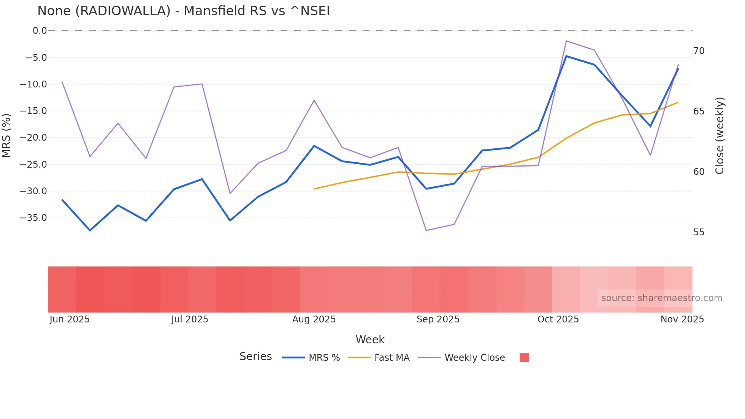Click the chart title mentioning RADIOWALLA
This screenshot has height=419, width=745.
[183, 11]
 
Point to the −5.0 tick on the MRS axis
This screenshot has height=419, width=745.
[36, 58]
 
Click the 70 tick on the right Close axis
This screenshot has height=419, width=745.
[699, 51]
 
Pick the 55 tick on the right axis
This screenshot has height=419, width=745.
[699, 232]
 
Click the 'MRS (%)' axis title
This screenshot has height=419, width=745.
[6, 135]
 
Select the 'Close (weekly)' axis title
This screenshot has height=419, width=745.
[720, 136]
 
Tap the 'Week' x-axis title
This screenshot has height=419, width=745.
[370, 340]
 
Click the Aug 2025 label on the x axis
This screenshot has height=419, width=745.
[314, 319]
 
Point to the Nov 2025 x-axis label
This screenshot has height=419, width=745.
[682, 319]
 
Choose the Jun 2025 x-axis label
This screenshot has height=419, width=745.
[70, 319]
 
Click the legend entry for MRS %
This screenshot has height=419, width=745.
[324, 358]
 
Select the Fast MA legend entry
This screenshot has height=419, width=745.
[392, 358]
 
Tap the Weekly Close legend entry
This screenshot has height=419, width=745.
[474, 358]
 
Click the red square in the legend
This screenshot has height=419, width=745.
[524, 357]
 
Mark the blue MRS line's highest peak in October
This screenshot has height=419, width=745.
[566, 56]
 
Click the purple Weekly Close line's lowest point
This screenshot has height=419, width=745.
[426, 230]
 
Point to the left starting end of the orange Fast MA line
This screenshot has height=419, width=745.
[315, 189]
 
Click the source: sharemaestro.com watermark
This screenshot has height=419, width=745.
[661, 298]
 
